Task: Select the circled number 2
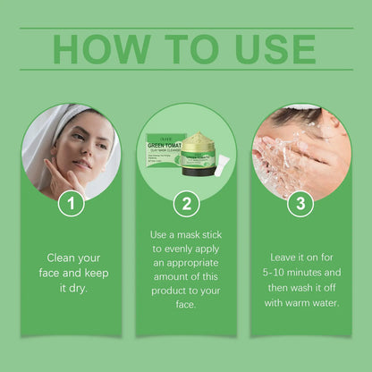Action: coord(185,203)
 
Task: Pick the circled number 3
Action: coord(301,203)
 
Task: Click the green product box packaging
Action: coord(165,147)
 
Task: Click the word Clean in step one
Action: coord(65,257)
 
